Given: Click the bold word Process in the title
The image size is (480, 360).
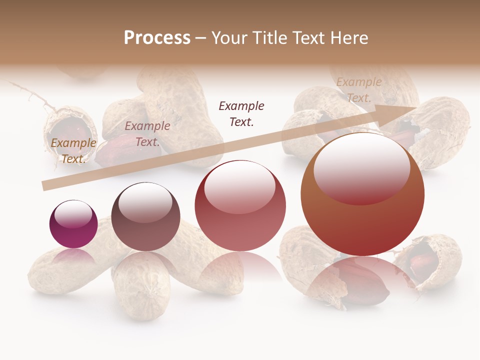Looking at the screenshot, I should (x=157, y=38).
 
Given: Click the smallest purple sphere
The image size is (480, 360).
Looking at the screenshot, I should (x=73, y=224).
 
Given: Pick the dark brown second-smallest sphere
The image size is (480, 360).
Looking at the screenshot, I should (x=145, y=217).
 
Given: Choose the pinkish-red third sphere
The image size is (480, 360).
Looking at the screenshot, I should (x=240, y=206).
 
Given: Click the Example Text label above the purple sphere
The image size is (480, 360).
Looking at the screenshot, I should (x=73, y=150).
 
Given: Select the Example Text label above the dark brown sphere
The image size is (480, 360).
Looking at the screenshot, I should (x=147, y=133).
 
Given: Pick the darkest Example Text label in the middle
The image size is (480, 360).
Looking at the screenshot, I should (x=241, y=113).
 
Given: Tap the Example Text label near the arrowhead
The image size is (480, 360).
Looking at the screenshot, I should (x=359, y=90).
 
